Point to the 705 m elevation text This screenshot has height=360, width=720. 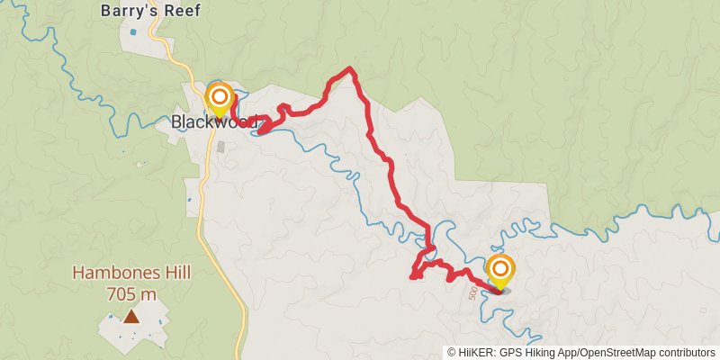click(131, 293)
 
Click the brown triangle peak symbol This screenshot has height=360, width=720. click(131, 316)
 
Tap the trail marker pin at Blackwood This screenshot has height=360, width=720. click(220, 99)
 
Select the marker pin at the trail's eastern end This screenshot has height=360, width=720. click(500, 270)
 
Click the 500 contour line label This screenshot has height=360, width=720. click(472, 293)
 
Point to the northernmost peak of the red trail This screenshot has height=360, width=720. click(350, 69)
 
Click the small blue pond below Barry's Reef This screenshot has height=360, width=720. click(134, 32)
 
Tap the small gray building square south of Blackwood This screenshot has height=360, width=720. click(221, 146)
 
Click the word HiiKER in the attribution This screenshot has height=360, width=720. click(473, 353)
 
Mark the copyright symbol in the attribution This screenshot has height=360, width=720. click(451, 353)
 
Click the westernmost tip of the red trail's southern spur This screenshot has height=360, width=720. click(412, 276)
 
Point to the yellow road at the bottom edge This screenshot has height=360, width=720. click(245, 351)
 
